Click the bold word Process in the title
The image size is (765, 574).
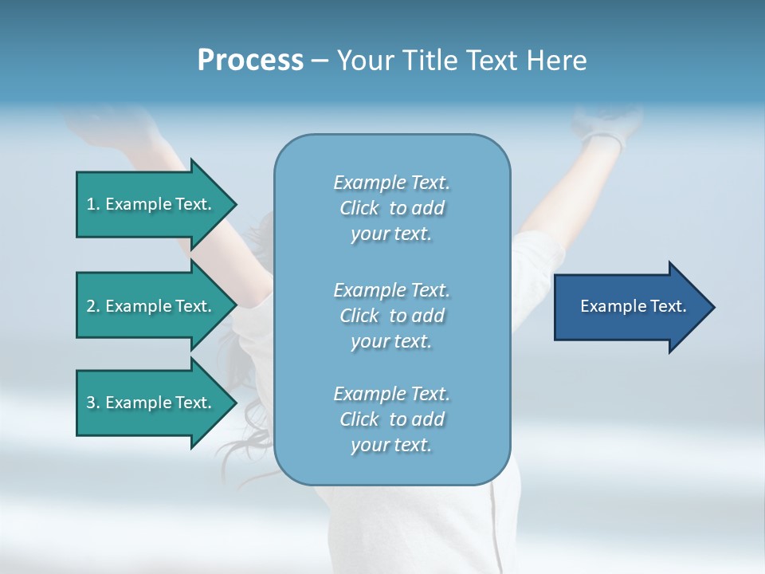250,61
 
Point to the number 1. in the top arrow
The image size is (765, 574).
93,204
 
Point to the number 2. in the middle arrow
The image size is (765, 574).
93,306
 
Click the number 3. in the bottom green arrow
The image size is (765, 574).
93,403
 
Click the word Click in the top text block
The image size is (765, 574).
359,208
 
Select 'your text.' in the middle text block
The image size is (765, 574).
391,341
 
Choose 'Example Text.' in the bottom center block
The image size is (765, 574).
391,394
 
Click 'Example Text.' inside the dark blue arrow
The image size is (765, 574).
634,306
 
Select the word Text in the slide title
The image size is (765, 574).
491,61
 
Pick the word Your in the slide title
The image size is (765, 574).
365,61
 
